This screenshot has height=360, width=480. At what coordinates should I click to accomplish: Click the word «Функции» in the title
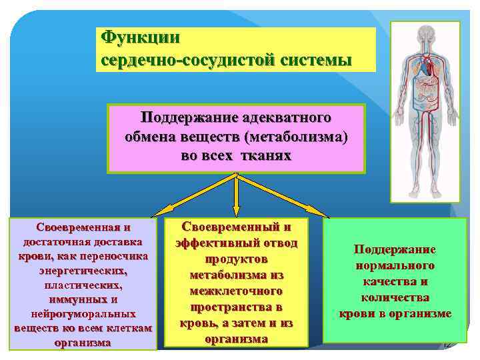click(x=139, y=37)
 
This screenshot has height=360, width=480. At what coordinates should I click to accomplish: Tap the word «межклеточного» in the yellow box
click(x=237, y=291)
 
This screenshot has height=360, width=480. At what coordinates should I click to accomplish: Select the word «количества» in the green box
click(x=395, y=298)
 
